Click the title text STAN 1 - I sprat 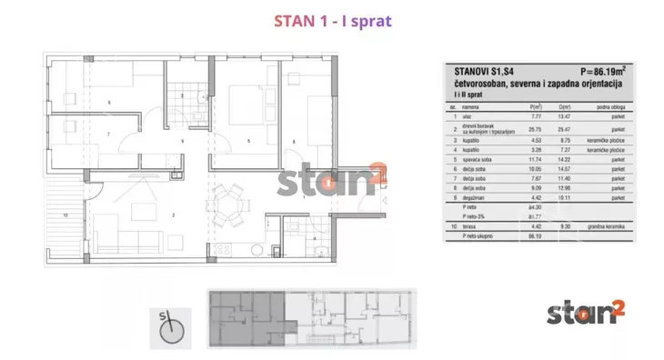pyautogui.click(x=332, y=20)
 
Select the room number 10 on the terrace pyautogui.click(x=65, y=215)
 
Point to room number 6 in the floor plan pyautogui.click(x=109, y=101)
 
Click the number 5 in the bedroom pyautogui.click(x=248, y=142)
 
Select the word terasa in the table pyautogui.click(x=474, y=225)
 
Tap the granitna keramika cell pyautogui.click(x=610, y=225)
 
